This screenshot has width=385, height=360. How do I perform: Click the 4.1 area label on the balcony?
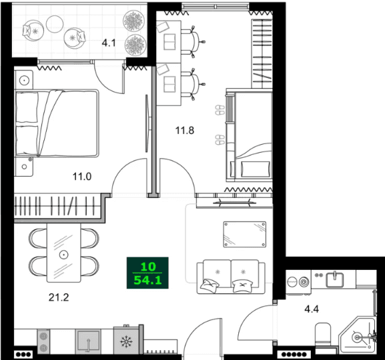pyautogui.click(x=109, y=45)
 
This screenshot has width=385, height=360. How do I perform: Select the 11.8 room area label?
pyautogui.click(x=184, y=131)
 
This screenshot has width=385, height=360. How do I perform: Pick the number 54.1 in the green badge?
pyautogui.click(x=147, y=281)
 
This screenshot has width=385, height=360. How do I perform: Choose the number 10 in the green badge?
pyautogui.click(x=147, y=267)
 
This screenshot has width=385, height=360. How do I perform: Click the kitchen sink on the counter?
pyautogui.click(x=88, y=341)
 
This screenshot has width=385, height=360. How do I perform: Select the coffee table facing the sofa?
pyautogui.click(x=244, y=233)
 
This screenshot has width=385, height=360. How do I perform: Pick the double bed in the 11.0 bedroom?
pyautogui.click(x=57, y=124)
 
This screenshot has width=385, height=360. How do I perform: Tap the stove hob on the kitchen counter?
pyautogui.click(x=45, y=341)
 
